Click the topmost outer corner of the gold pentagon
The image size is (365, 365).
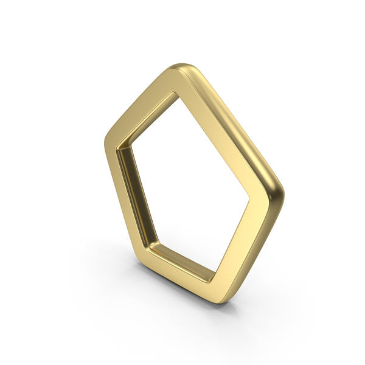(x=182, y=66)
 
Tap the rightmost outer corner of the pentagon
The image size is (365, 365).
(x=281, y=193)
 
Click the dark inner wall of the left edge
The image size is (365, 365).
(x=134, y=189)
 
